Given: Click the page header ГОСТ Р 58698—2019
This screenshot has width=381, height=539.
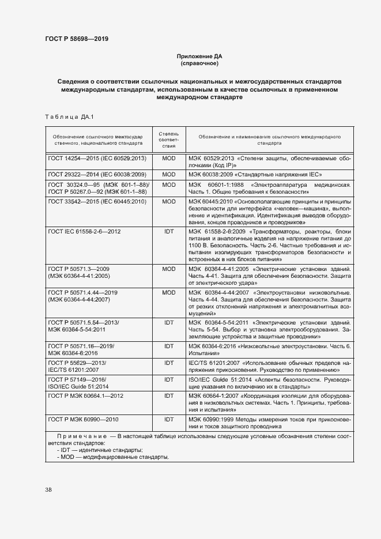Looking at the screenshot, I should pyautogui.click(x=76, y=39).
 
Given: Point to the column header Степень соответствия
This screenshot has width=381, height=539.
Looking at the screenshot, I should pyautogui.click(x=169, y=140).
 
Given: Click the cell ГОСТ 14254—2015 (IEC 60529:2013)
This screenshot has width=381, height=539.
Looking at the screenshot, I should pyautogui.click(x=97, y=157).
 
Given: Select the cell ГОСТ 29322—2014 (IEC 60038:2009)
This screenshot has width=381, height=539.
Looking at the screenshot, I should pyautogui.click(x=97, y=174).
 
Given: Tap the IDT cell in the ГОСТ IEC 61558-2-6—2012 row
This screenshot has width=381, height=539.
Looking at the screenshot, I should pyautogui.click(x=169, y=231).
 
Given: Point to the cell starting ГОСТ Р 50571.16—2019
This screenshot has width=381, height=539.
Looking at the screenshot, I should pyautogui.click(x=81, y=349).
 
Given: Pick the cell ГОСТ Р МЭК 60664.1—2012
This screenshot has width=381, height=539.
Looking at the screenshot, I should pyautogui.click(x=85, y=396).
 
